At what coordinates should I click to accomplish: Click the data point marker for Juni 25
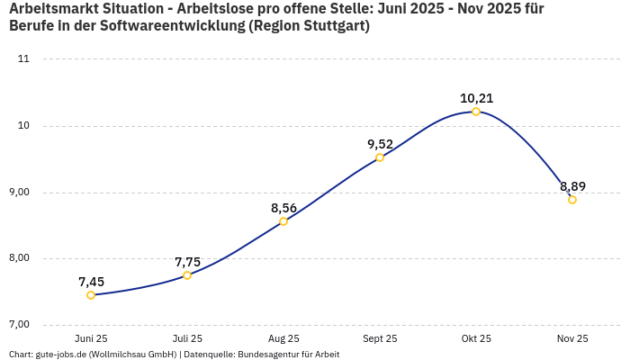pos(91,295)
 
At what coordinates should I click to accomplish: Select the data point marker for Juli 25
pos(187,275)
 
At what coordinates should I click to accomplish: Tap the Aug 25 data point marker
pos(283,221)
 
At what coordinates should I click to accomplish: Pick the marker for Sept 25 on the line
pos(380,157)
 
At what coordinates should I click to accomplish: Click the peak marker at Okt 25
pos(476,112)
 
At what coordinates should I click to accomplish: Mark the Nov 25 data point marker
pos(572,200)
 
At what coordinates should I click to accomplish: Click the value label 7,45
pos(91,282)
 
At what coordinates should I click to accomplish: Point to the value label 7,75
pos(187,262)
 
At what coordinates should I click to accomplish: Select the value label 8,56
pos(283,208)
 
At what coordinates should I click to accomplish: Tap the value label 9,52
pos(380,144)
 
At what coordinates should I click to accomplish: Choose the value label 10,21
pos(476,98)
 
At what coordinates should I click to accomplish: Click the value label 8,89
pos(572,186)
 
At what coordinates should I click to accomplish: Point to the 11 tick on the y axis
pos(23,59)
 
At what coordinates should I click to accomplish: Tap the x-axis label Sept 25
pos(380,338)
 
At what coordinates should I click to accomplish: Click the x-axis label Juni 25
pos(91,338)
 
